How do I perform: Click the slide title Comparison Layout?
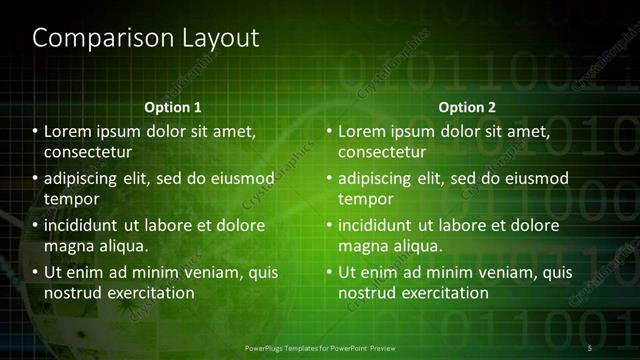pos(146,38)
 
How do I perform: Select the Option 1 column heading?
pos(173,107)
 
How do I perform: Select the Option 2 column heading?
pos(467,107)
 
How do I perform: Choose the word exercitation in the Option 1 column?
pos(149,293)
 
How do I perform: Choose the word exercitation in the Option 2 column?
pos(443,293)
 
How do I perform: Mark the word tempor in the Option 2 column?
pos(367,199)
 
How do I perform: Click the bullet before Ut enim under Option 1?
pos(35,272)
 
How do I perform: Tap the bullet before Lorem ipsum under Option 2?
pos(329,131)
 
